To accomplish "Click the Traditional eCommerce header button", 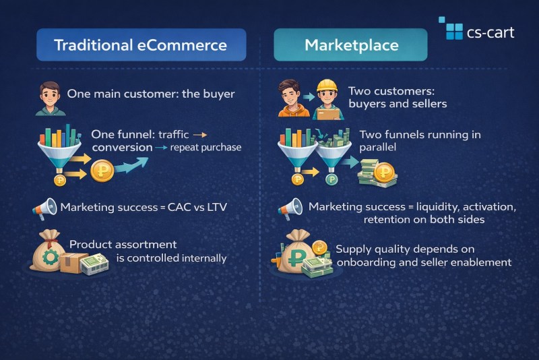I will (140, 46).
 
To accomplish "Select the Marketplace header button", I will (351, 46).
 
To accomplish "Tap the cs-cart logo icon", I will (450, 28).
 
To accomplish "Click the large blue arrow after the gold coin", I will (133, 164).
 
